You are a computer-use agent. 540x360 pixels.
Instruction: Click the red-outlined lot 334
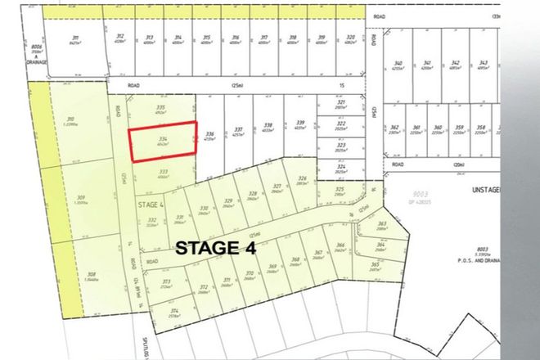164,142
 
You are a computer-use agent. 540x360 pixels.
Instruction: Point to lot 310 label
69,120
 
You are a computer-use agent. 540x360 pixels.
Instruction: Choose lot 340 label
398,65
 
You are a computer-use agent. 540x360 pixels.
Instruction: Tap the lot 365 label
375,264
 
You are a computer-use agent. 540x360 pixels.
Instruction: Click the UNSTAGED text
511,189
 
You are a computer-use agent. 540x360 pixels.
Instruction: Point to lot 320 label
350,38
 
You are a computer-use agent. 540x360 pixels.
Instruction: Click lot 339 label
300,123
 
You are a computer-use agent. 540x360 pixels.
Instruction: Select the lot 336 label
209,133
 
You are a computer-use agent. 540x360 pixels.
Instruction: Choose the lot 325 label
339,190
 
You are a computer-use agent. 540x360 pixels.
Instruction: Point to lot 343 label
483,63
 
